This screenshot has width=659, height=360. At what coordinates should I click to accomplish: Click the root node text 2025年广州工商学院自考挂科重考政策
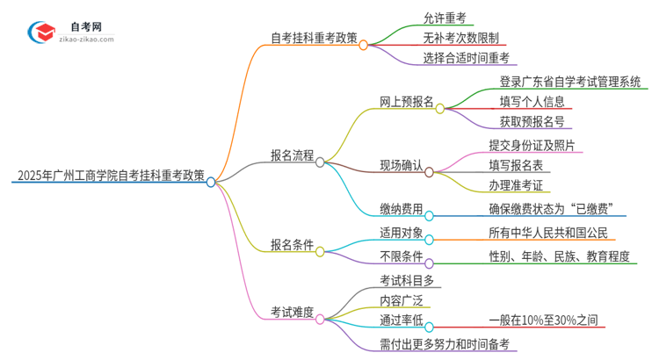tap(108, 176)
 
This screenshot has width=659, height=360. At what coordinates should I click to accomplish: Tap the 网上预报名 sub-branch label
tap(407, 101)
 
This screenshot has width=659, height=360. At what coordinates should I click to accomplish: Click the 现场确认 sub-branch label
tap(400, 165)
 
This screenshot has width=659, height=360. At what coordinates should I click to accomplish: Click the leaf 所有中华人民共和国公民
tap(547, 234)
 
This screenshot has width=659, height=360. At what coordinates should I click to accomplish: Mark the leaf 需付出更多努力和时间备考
tap(443, 342)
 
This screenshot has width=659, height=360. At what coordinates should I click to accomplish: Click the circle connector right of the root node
tap(212, 182)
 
